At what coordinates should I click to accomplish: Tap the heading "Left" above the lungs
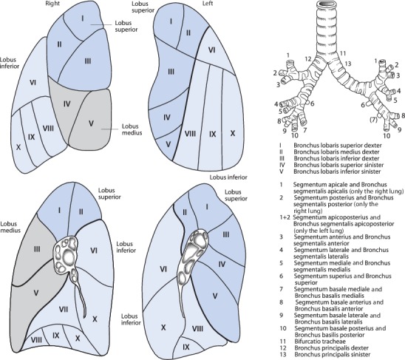(207, 4)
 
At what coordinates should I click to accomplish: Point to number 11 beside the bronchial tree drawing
(342, 53)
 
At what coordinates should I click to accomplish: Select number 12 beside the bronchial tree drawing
(308, 59)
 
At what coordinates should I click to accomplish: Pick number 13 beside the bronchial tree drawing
(348, 64)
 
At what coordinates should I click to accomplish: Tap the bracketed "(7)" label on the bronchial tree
(373, 120)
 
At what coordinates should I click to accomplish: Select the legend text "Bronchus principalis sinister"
(332, 355)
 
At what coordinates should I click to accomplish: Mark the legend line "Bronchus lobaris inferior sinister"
(337, 171)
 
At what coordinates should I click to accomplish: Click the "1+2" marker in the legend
(285, 217)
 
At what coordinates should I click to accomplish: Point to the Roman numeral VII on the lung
(64, 309)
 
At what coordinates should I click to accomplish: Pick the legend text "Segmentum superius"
(323, 276)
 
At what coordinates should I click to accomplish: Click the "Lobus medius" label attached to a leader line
(132, 129)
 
